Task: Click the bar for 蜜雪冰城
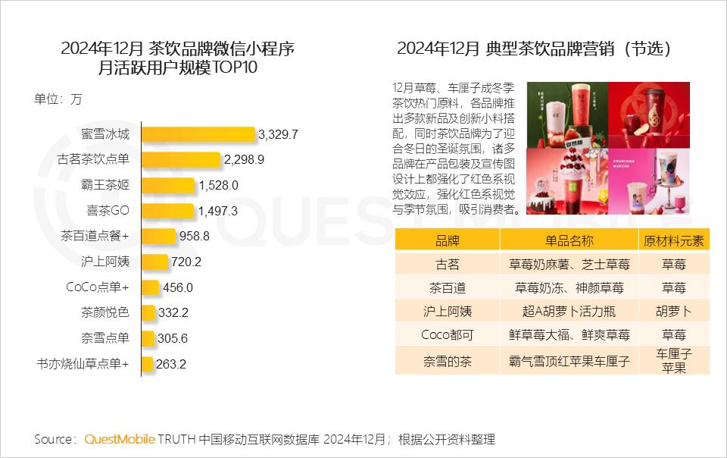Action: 197,134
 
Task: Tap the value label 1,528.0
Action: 219,185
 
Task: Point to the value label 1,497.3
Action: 217,210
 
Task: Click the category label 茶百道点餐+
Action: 95,236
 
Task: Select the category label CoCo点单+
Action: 98,287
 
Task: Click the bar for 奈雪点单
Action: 147,338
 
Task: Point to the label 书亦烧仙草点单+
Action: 83,364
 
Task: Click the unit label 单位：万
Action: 58,99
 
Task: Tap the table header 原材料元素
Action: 673,240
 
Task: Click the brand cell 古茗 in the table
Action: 447,265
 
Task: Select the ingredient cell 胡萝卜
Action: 673,311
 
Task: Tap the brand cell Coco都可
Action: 447,334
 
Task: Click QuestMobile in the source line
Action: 120,439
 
